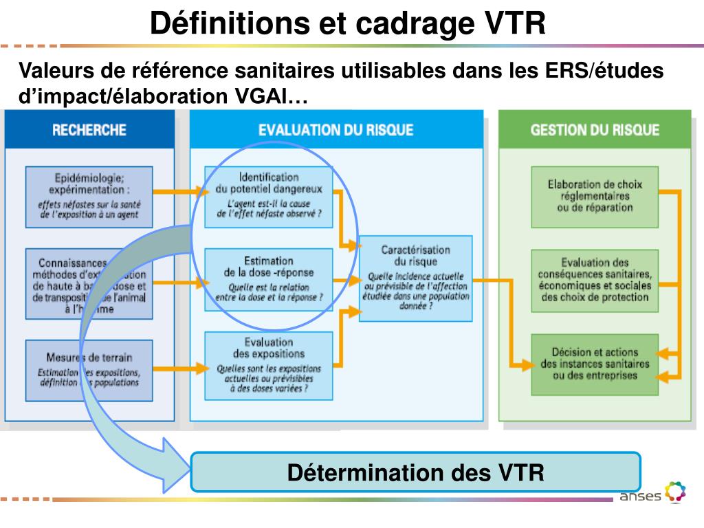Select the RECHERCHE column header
coord(89,129)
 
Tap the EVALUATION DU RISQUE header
coord(335,129)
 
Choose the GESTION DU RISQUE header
coord(595,129)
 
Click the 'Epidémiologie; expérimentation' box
coord(89,197)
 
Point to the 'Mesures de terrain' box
coord(89,370)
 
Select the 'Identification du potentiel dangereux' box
coord(268,197)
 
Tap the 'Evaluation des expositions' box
coord(268,364)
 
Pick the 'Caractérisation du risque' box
coord(415,278)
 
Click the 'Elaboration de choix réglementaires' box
coord(595,197)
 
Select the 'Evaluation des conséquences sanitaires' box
coord(595,280)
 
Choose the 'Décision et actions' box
coord(595,364)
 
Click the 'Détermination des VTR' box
coord(415,472)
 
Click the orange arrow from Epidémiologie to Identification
coord(179,192)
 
